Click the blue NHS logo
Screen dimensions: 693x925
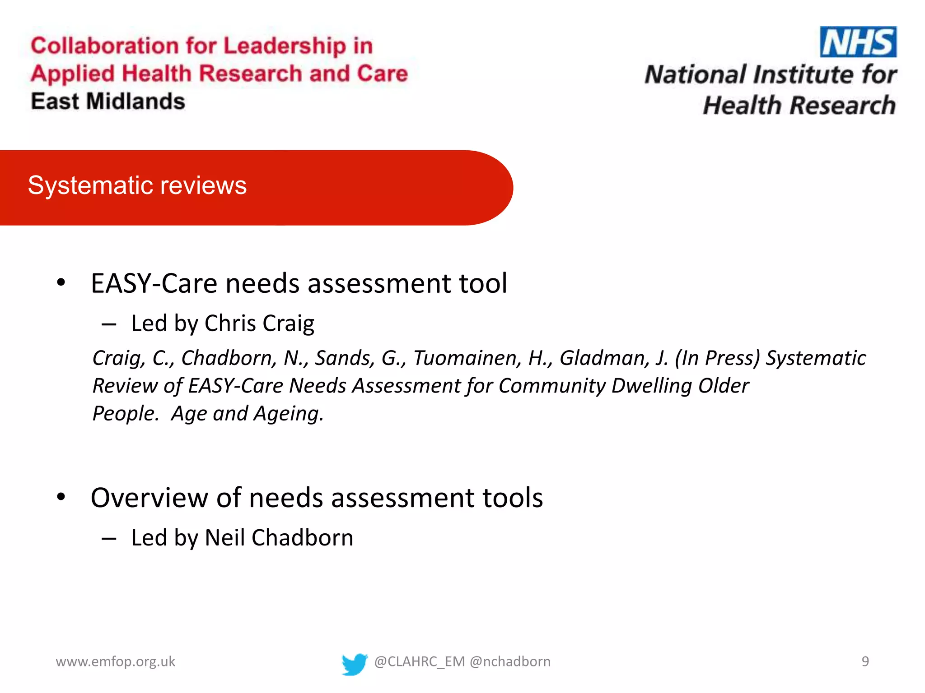point(858,42)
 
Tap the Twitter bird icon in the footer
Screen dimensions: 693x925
point(354,664)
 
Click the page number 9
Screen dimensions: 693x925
point(865,661)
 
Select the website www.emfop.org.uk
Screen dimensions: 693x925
point(115,661)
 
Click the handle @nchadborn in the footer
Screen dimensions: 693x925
point(510,661)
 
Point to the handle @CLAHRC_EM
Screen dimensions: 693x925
point(420,661)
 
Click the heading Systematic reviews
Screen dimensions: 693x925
point(137,185)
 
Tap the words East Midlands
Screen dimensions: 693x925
point(108,101)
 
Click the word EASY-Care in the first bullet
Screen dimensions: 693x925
point(154,283)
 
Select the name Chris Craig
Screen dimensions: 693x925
point(259,323)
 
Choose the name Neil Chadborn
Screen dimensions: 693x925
point(279,538)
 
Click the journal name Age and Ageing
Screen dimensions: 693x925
point(247,413)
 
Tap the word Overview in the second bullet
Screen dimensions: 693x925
point(149,498)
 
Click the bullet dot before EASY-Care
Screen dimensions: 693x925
point(61,283)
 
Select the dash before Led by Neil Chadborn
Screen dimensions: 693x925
point(109,538)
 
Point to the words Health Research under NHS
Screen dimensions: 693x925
point(799,105)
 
